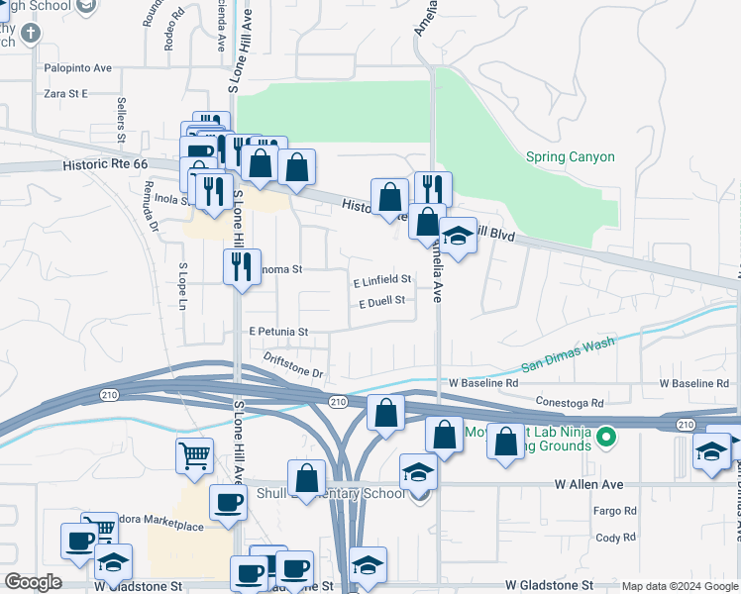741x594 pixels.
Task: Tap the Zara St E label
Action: (65, 93)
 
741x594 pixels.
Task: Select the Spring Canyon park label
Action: (570, 156)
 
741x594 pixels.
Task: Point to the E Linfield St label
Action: (381, 280)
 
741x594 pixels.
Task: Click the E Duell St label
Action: (381, 301)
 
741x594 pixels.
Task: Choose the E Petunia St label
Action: (278, 332)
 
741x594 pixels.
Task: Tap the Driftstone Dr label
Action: (293, 364)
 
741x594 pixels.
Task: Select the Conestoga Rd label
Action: (570, 403)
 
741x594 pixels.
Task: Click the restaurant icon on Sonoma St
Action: (242, 266)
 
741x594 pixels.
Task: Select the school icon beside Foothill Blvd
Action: (458, 237)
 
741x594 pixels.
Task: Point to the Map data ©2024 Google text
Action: (679, 586)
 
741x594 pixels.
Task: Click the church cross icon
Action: (31, 33)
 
